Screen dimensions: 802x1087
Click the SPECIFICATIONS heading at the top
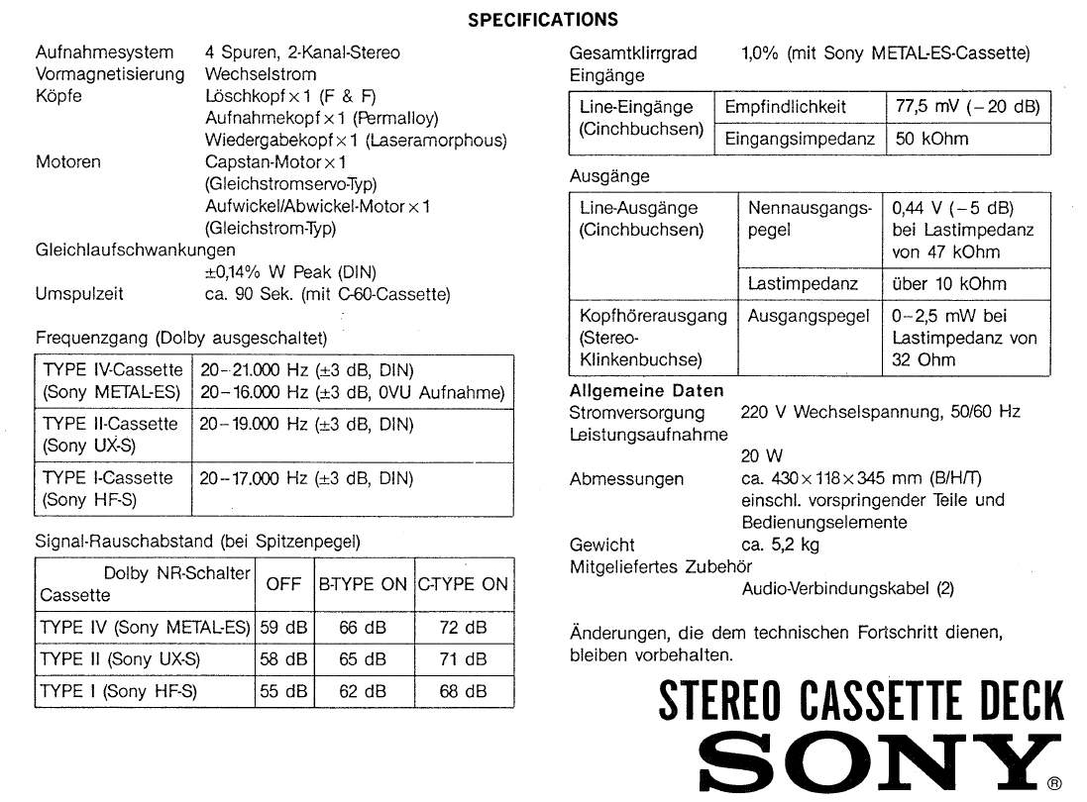543,19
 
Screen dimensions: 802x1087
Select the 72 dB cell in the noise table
463,628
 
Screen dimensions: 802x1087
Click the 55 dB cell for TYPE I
283,692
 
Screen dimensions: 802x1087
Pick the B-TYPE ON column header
363,584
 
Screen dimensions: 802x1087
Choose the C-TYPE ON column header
463,584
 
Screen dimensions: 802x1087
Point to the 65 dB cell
363,659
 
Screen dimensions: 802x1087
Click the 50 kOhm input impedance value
932,139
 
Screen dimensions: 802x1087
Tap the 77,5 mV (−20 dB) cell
967,107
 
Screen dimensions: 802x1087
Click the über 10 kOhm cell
948,284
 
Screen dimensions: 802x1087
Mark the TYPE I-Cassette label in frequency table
107,477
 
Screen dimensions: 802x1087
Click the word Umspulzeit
79,294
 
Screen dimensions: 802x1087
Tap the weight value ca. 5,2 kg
780,545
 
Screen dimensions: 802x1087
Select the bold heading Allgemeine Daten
646,391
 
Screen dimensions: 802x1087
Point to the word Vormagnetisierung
110,74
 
